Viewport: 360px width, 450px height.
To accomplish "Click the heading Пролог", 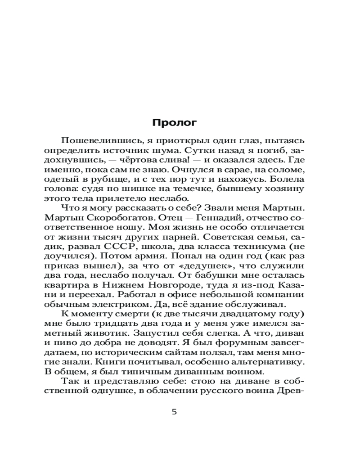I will click(175, 122).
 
